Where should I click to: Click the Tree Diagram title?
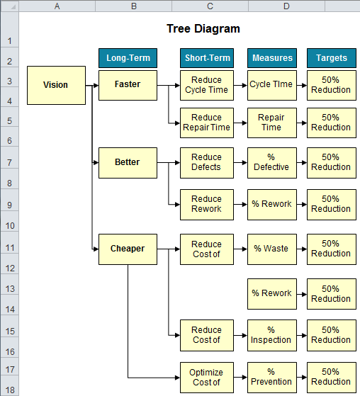pyautogui.click(x=203, y=29)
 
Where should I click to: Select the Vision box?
pyautogui.click(x=56, y=85)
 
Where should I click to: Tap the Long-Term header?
pyautogui.click(x=128, y=57)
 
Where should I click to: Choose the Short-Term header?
pyautogui.click(x=206, y=57)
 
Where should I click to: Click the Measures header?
pyautogui.click(x=271, y=57)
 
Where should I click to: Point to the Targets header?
pyautogui.click(x=331, y=57)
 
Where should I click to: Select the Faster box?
pyautogui.click(x=128, y=84)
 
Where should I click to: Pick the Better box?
pyautogui.click(x=128, y=162)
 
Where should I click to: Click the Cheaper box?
pyautogui.click(x=128, y=249)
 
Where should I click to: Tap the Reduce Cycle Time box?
pyautogui.click(x=206, y=85)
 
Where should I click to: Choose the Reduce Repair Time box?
pyautogui.click(x=206, y=123)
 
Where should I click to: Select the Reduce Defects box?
pyautogui.click(x=206, y=162)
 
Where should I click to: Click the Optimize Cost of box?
pyautogui.click(x=206, y=377)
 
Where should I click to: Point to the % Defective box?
pyautogui.click(x=271, y=162)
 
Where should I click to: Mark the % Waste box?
pyautogui.click(x=271, y=249)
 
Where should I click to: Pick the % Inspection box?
pyautogui.click(x=271, y=334)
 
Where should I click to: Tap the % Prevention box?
pyautogui.click(x=271, y=377)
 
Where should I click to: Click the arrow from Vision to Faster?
pyautogui.click(x=92, y=85)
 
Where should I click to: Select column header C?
pyautogui.click(x=210, y=6)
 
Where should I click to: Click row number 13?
pyautogui.click(x=9, y=288)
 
